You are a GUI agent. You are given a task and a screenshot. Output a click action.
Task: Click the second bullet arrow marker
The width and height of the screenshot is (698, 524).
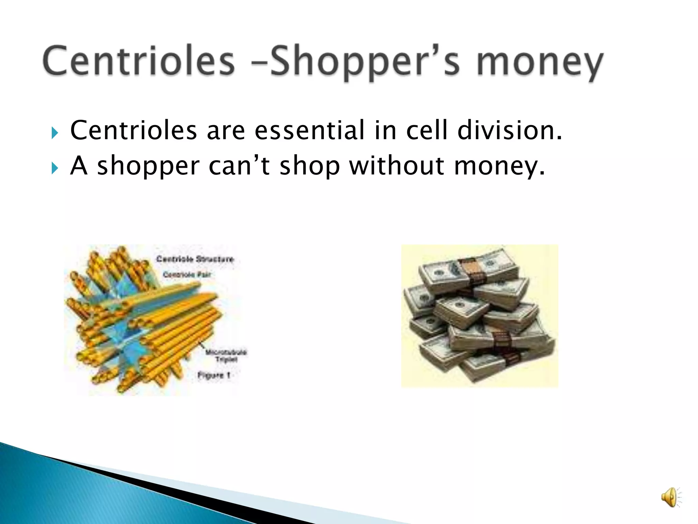55,168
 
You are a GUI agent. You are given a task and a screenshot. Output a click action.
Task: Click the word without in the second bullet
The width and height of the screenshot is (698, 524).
397,166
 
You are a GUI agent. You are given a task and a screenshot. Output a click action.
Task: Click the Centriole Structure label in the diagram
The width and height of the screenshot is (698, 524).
195,259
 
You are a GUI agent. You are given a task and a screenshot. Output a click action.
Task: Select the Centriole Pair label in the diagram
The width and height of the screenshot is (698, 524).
187,275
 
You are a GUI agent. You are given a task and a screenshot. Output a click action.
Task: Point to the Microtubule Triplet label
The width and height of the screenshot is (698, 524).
226,355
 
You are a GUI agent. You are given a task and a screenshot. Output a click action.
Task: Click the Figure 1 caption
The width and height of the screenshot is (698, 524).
214,375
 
